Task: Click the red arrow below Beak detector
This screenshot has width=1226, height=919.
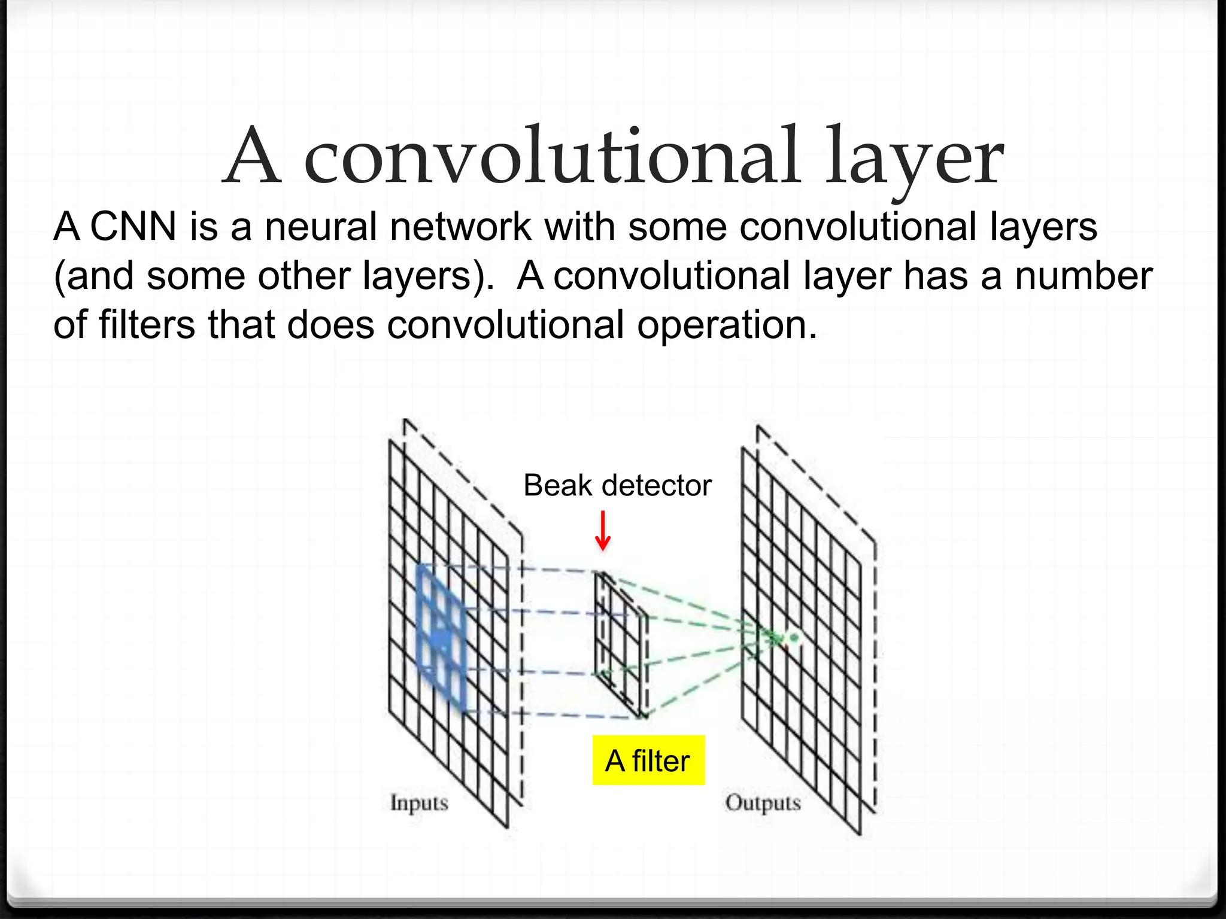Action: [x=603, y=531]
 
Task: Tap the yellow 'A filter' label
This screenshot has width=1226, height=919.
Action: [x=648, y=760]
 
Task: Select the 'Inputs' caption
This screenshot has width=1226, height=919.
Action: [x=419, y=803]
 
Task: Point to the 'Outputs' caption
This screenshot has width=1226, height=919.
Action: [x=763, y=803]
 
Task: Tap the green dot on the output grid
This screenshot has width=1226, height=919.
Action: [x=794, y=638]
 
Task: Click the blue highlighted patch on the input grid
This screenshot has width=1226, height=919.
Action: [x=441, y=638]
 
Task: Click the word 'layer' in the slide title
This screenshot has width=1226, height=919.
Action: [x=915, y=159]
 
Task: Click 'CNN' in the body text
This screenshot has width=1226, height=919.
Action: [x=133, y=227]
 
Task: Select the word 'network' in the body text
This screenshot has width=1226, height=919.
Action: [x=460, y=227]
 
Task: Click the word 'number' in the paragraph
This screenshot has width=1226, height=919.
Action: [x=1084, y=276]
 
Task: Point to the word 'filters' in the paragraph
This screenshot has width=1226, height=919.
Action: [x=147, y=325]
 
